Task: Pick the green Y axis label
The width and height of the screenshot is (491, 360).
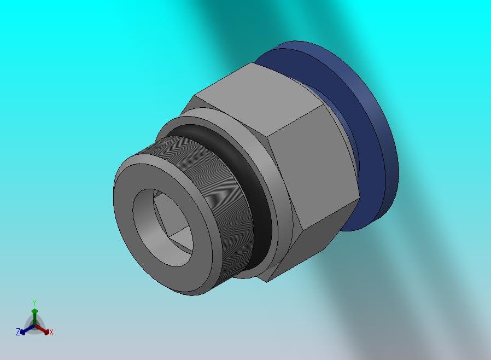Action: pyautogui.click(x=34, y=303)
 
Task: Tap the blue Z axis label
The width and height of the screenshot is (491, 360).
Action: pyautogui.click(x=18, y=332)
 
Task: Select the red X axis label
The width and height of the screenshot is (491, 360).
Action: pyautogui.click(x=51, y=333)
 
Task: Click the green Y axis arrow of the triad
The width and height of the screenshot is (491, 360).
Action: pyautogui.click(x=34, y=318)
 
